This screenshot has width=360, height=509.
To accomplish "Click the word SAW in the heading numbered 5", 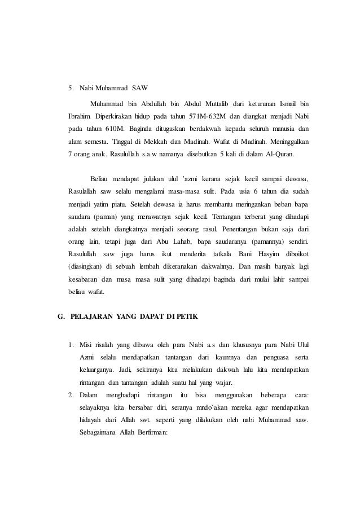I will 139,89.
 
